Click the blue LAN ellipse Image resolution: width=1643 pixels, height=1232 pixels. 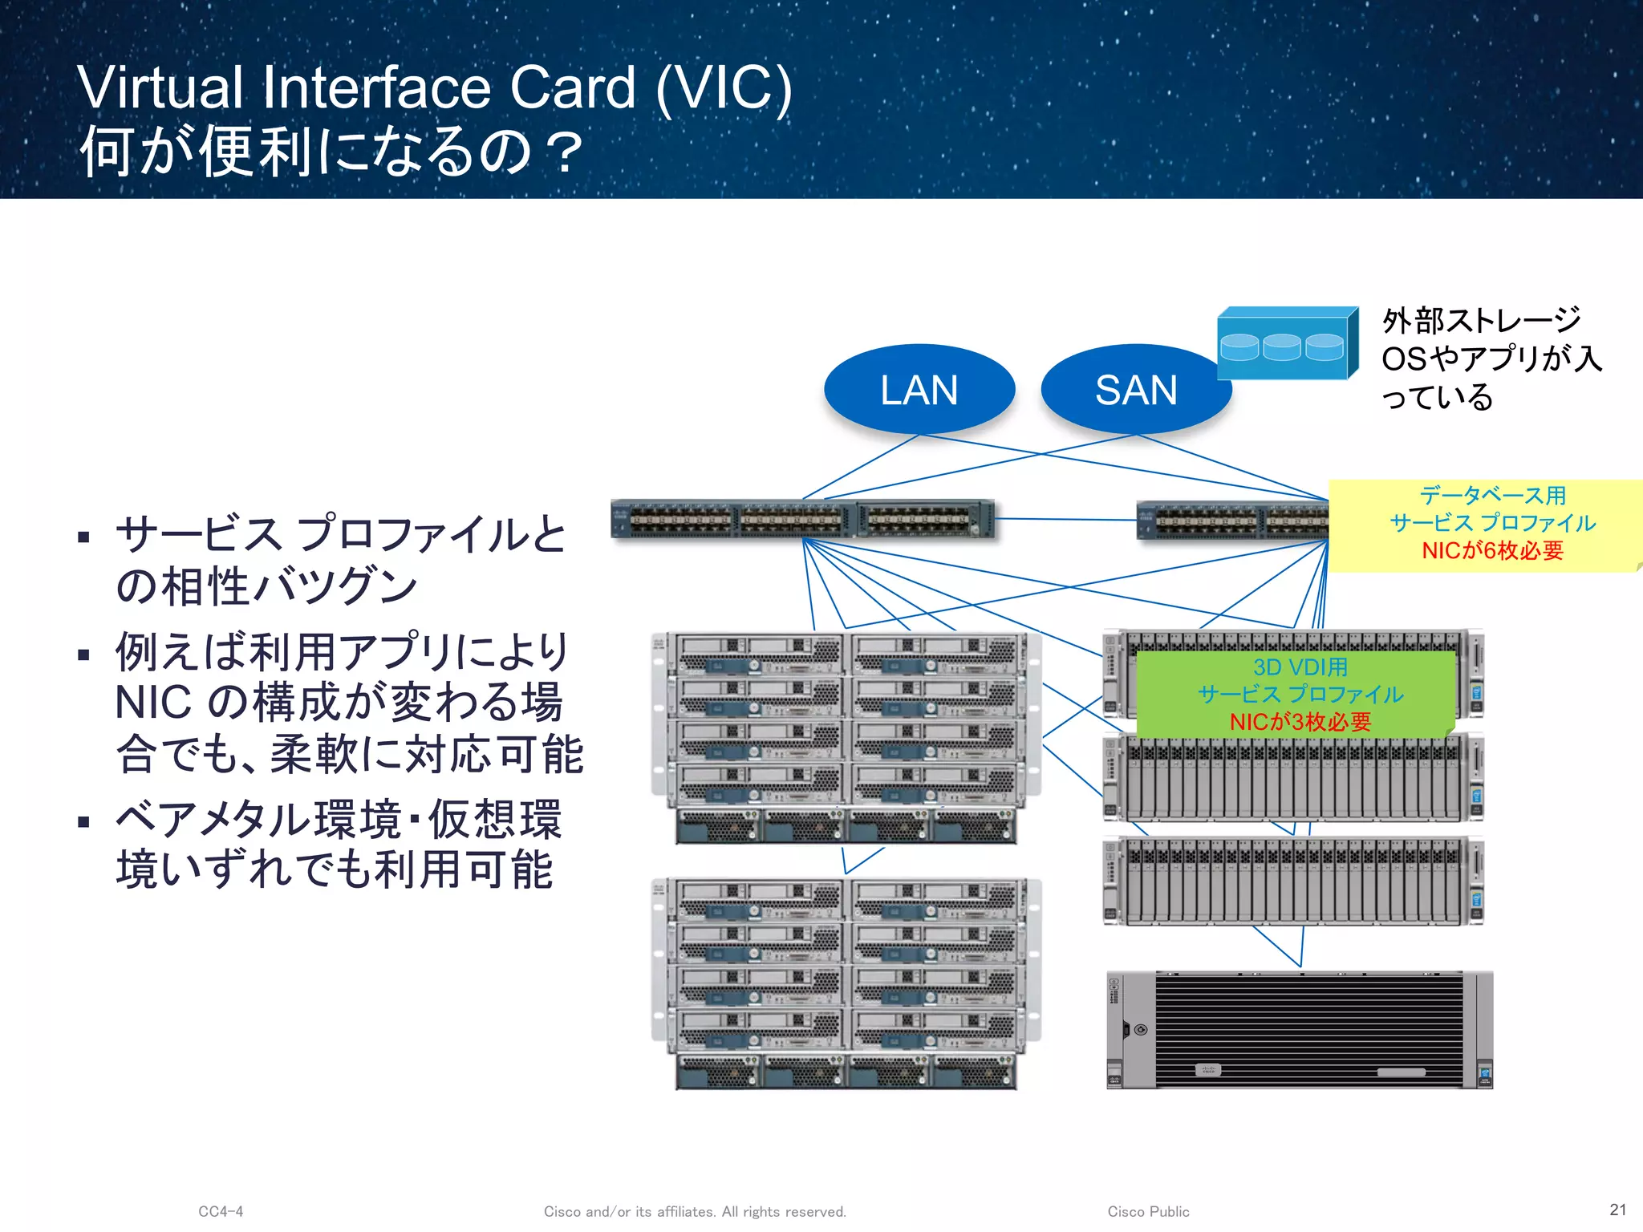919,390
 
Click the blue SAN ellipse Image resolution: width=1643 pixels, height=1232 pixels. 1136,390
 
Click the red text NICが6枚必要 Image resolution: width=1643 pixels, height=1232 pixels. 1492,550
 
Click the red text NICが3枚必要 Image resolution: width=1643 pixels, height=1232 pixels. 1300,722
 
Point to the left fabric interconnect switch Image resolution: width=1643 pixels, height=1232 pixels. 802,520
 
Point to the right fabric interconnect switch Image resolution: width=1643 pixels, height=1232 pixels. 1232,521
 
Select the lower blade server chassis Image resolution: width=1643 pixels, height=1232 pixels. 846,983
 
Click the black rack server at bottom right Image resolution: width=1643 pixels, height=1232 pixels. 1300,1030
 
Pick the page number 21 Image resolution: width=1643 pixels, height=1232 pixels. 1617,1210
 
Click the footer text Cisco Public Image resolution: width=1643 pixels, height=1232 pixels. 1148,1211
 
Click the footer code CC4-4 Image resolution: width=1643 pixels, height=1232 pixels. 221,1211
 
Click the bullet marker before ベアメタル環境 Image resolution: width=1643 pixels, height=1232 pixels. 83,821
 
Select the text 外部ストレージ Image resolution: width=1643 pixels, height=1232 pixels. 1481,321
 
